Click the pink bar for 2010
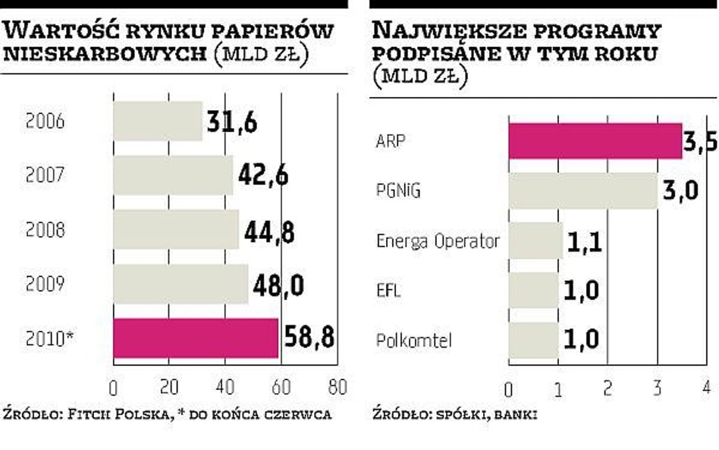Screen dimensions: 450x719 click(x=196, y=338)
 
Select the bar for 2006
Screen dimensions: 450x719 click(x=158, y=121)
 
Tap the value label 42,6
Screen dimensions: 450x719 click(x=263, y=175)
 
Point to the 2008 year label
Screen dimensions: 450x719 click(x=46, y=230)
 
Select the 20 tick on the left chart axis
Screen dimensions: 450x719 click(x=169, y=387)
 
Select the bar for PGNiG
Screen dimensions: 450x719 click(x=582, y=190)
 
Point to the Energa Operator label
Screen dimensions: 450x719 click(x=438, y=241)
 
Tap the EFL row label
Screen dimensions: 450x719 click(x=389, y=291)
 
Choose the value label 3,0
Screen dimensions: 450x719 click(x=680, y=191)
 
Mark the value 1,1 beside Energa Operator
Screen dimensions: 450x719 click(x=586, y=243)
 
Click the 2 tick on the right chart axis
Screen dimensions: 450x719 click(x=607, y=388)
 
